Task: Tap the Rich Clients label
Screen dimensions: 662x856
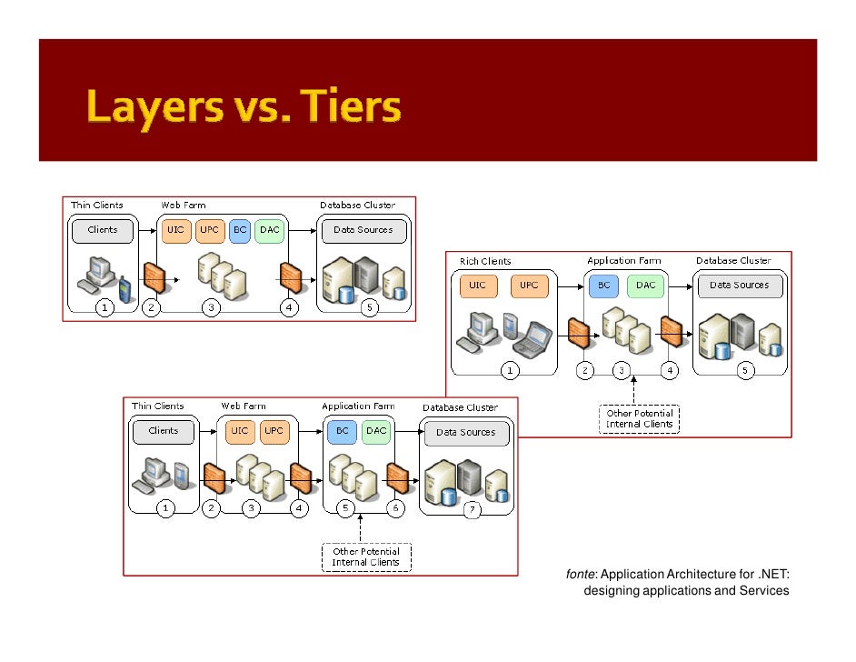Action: (485, 261)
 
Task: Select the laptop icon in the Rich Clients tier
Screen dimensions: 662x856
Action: (533, 337)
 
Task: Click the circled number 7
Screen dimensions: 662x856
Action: (473, 510)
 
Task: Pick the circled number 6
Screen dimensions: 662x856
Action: (396, 509)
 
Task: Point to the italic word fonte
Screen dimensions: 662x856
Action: (581, 574)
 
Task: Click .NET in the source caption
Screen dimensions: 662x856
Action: (773, 574)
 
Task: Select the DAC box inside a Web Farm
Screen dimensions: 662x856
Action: (269, 230)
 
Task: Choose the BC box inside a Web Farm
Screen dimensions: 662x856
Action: (240, 230)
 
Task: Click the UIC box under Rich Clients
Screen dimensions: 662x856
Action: (478, 286)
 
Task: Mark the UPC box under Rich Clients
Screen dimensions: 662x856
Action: (530, 286)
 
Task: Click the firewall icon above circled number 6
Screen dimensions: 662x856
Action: (397, 476)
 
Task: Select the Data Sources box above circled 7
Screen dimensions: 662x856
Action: (465, 432)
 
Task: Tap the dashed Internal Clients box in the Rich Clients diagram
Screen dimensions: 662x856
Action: (640, 419)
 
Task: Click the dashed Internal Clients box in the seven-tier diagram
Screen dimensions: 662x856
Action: (366, 557)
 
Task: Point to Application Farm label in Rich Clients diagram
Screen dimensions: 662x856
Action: (623, 261)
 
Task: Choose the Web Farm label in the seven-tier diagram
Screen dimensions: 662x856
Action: (244, 406)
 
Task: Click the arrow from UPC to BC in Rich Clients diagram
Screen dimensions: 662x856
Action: (568, 286)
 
